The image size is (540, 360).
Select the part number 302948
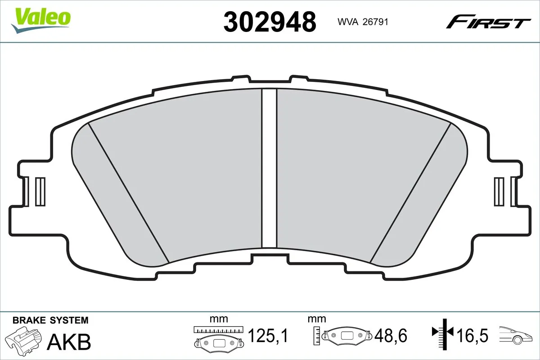pyautogui.click(x=270, y=21)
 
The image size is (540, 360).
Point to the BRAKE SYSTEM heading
pyautogui.click(x=50, y=320)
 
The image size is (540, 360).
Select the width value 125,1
pyautogui.click(x=268, y=336)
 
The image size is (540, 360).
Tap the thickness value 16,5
pyautogui.click(x=473, y=336)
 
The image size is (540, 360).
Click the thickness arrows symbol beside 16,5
pyautogui.click(x=443, y=333)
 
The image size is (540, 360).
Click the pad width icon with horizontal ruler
pyautogui.click(x=218, y=337)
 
